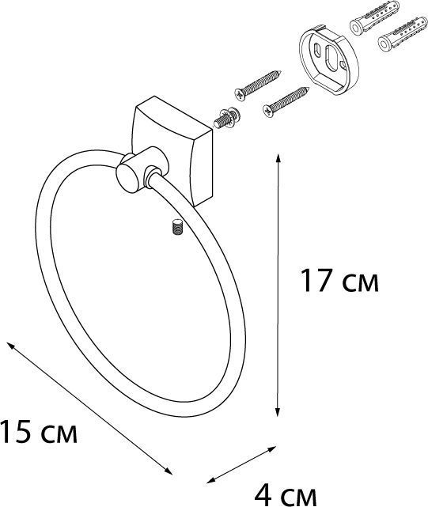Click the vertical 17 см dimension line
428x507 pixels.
(x=278, y=285)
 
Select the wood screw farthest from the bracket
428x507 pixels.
(x=255, y=83)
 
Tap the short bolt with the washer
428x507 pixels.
(x=226, y=118)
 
